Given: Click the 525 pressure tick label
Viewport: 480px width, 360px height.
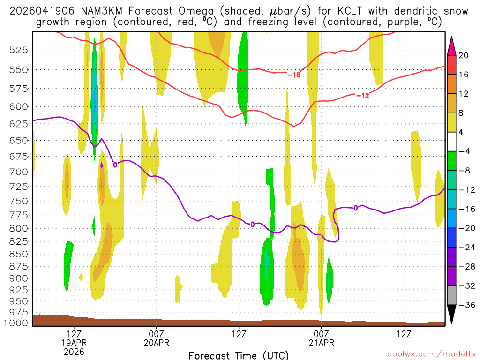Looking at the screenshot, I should click(19, 50).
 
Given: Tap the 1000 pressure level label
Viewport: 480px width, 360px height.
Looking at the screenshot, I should click(17, 323).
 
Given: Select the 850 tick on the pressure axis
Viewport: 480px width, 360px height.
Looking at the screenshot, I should click(19, 254).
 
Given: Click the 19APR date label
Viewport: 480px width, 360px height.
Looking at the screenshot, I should click(74, 343).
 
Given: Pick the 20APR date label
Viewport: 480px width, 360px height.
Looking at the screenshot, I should click(156, 343).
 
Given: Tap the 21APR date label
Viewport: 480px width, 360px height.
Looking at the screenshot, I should click(321, 343).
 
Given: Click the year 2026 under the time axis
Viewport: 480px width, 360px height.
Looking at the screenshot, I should click(74, 351).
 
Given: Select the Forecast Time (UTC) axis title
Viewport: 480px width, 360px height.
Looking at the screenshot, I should click(239, 355).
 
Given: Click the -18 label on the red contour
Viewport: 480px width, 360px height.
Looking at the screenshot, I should click(293, 75).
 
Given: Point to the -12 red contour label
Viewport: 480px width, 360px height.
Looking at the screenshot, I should click(362, 96).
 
